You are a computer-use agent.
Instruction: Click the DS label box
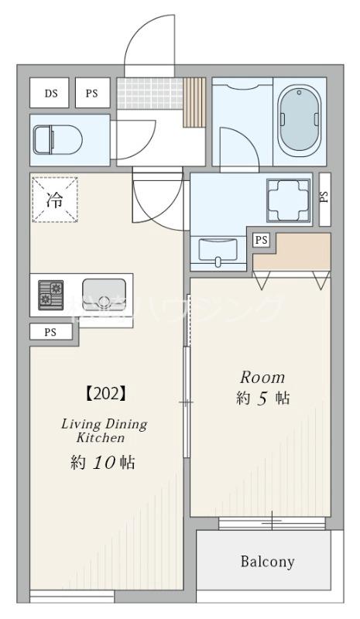(x=50, y=94)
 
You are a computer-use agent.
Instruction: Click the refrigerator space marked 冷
(x=55, y=200)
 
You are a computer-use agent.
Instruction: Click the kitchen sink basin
(x=103, y=294)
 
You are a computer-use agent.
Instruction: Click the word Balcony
(x=266, y=562)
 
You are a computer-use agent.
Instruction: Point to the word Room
(x=261, y=378)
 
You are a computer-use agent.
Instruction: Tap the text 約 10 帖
(x=103, y=463)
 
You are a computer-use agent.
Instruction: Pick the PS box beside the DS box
(x=92, y=94)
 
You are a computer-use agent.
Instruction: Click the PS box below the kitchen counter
(x=51, y=333)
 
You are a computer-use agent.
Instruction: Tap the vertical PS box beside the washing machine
(x=323, y=196)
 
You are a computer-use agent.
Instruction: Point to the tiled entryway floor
(x=149, y=93)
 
